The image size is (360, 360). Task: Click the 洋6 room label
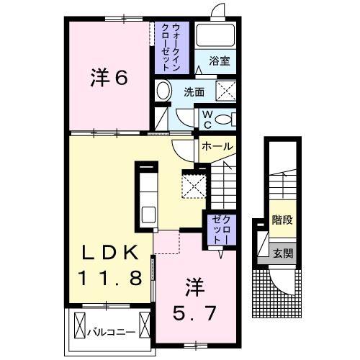pos(110,77)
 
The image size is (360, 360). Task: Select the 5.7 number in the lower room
pos(195,314)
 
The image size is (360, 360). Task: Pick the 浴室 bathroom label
pos(220,62)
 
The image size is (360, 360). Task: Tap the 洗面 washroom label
pos(193,92)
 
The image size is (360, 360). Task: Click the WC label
pos(205,118)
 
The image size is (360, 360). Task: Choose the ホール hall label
pos(217,146)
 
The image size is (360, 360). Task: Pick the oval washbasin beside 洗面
pos(163,91)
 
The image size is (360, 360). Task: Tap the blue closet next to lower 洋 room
pos(218,228)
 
